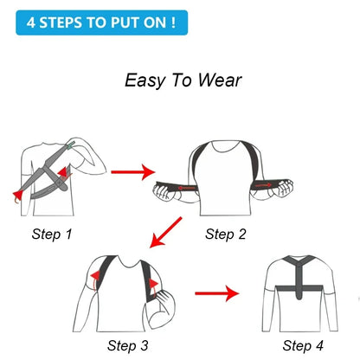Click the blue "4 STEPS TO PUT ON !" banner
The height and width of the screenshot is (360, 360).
point(100,20)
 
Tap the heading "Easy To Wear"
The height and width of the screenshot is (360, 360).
point(183,80)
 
